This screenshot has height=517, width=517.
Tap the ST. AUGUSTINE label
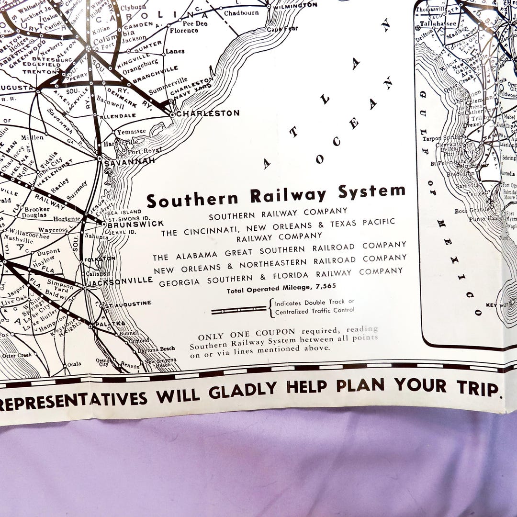click(128, 303)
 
